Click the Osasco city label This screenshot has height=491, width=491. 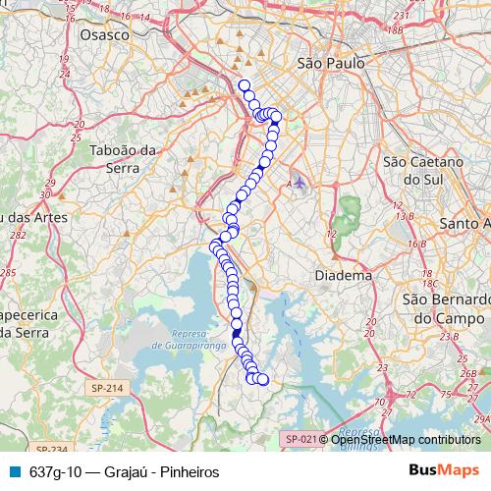[x=105, y=34]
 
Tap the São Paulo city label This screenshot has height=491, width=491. [x=330, y=62]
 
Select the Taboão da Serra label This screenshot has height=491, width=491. [x=124, y=158]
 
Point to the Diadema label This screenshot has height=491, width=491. [x=343, y=276]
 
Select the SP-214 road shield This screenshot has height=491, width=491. [x=107, y=389]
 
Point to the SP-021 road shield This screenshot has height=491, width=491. [x=299, y=439]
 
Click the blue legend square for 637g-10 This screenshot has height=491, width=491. [x=14, y=471]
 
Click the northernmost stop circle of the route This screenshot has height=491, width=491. [x=244, y=85]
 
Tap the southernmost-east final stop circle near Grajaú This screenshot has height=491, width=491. [x=262, y=379]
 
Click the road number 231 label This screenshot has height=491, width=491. [x=398, y=17]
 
